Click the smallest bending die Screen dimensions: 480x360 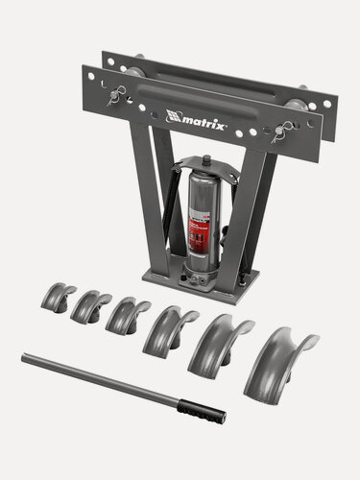pyautogui.click(x=58, y=296)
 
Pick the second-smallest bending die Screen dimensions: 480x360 pyautogui.click(x=90, y=305)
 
